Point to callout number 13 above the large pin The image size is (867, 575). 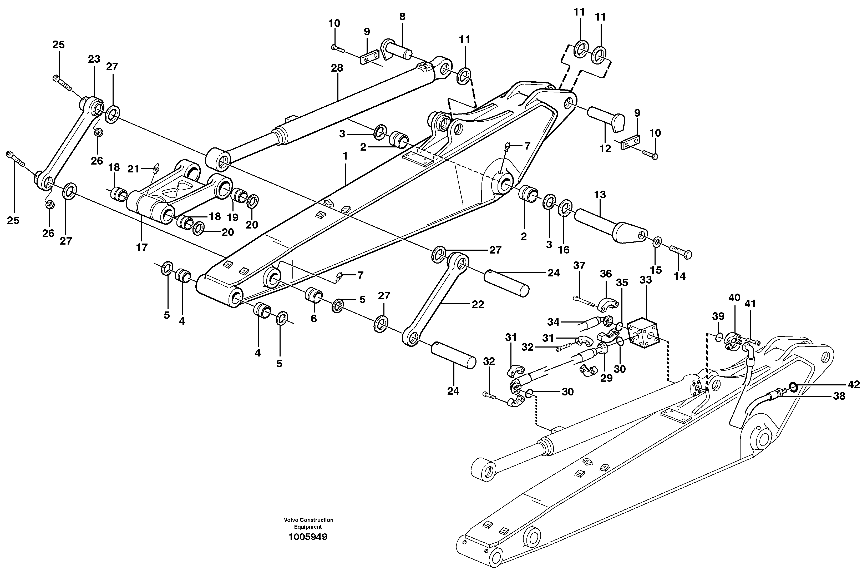[600, 195]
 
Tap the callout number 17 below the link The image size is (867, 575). [142, 247]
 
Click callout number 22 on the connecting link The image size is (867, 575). [478, 304]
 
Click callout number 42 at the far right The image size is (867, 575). [853, 384]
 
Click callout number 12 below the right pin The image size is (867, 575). [605, 148]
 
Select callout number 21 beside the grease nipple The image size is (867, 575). [133, 169]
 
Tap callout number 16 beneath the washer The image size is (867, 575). [563, 250]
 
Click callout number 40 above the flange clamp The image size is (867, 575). [734, 298]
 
